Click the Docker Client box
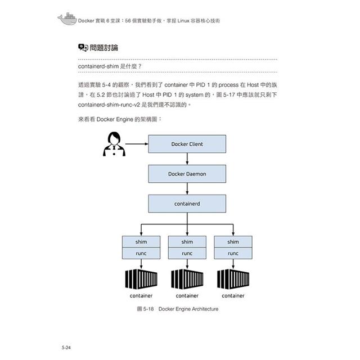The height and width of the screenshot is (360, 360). tap(187, 144)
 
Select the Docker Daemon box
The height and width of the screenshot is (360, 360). tap(187, 174)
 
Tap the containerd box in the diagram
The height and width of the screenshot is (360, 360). tap(187, 204)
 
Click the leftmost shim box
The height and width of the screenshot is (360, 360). tap(141, 242)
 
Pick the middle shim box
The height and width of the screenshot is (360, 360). tap(187, 242)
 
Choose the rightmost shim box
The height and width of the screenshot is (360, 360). tap(233, 242)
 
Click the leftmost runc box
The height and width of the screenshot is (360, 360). tap(141, 253)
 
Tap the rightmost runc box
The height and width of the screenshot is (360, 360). tap(233, 253)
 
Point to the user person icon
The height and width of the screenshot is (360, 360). tap(114, 144)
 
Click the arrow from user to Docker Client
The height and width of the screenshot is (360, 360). tap(137, 144)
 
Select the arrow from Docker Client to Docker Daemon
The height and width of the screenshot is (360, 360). tap(187, 159)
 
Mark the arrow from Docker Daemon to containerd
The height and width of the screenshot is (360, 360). tap(187, 189)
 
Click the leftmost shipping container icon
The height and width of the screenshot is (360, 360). tap(141, 279)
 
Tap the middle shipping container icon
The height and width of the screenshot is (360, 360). tap(187, 279)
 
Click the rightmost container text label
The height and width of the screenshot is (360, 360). tap(233, 296)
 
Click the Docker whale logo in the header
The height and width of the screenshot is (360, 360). tap(67, 19)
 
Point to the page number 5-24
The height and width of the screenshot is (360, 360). tap(66, 348)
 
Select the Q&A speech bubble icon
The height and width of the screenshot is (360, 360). tap(83, 47)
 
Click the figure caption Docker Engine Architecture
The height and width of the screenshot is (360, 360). tap(188, 309)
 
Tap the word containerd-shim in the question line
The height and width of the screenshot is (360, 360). tap(98, 66)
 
